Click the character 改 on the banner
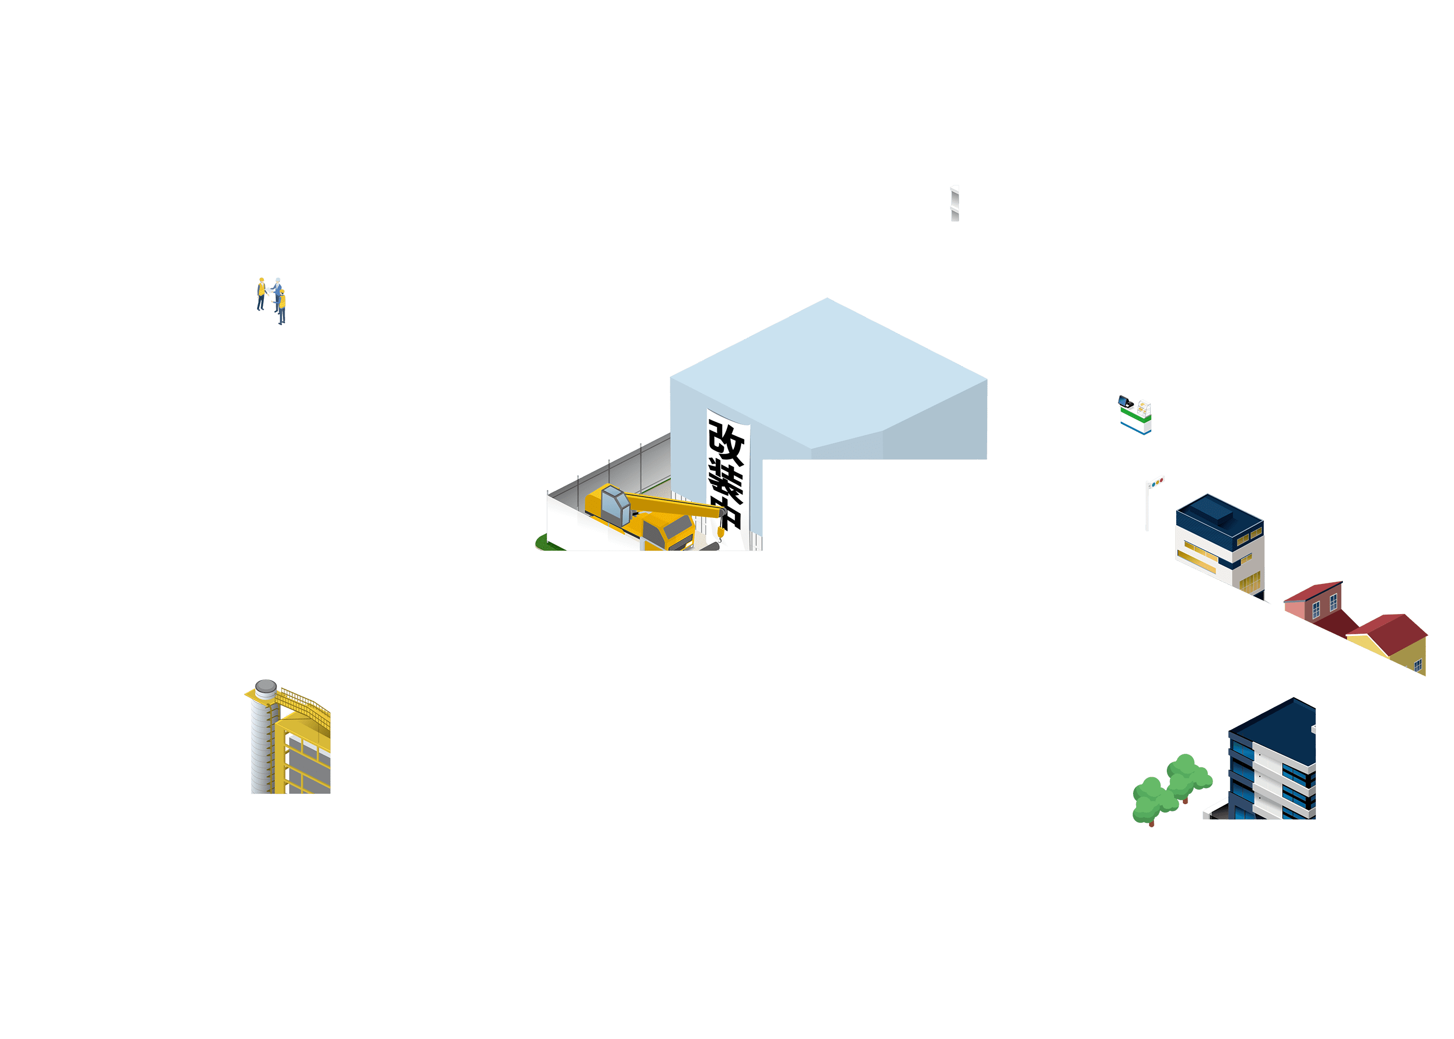[726, 443]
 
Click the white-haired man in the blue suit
[277, 295]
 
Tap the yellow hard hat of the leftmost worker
[262, 279]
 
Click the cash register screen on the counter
[1123, 401]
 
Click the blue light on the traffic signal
[1152, 484]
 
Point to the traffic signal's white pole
[1147, 507]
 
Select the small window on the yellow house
[1418, 666]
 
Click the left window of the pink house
[1316, 610]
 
